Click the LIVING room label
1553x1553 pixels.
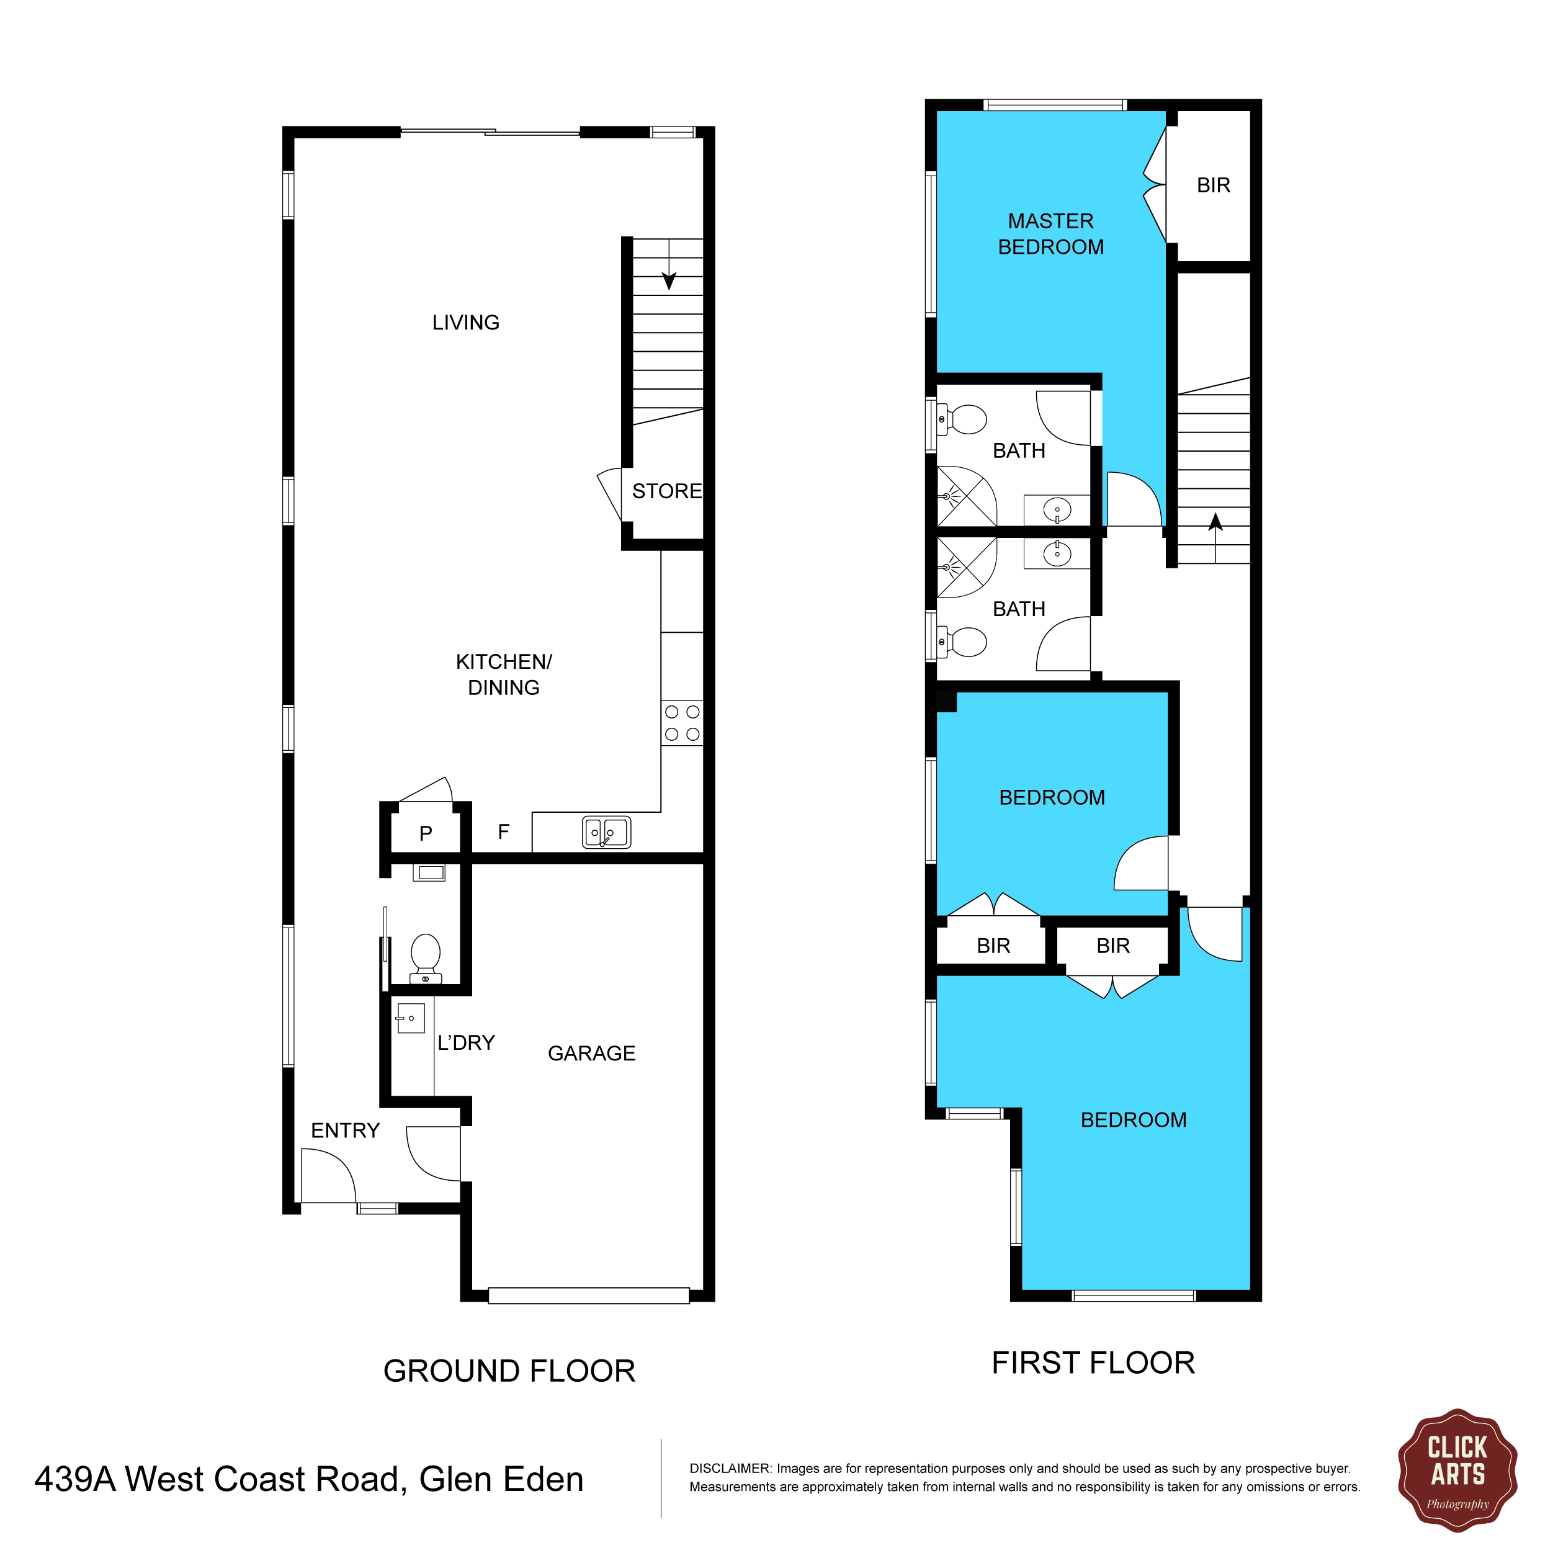click(465, 323)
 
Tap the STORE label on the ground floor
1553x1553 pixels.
click(667, 491)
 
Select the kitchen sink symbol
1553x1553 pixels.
click(607, 833)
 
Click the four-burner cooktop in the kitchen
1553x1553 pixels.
click(682, 723)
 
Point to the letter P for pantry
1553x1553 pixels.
click(426, 833)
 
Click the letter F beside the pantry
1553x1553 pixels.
click(503, 832)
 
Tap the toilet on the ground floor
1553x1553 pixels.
click(425, 958)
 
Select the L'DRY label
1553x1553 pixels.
click(466, 1042)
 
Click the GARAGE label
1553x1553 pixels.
click(592, 1053)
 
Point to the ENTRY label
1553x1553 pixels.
click(345, 1130)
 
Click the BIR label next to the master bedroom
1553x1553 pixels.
click(1214, 185)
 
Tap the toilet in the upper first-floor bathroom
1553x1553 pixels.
click(962, 419)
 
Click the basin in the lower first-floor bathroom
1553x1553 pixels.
click(1057, 553)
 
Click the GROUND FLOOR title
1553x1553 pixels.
click(509, 1371)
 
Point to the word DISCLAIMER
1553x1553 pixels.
click(730, 1469)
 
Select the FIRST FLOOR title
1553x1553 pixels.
click(1093, 1363)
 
